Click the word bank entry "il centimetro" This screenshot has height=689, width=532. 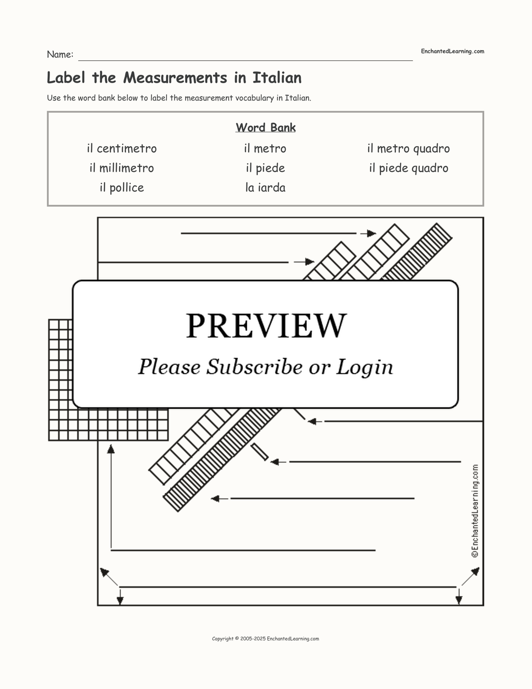(122, 148)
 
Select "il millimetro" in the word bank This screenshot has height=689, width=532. (122, 168)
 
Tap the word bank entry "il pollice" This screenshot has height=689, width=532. (122, 187)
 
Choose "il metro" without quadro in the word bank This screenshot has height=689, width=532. (265, 148)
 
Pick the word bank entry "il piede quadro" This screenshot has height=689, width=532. (409, 168)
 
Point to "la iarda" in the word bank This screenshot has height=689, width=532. (265, 187)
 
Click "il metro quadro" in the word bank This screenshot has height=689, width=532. (409, 148)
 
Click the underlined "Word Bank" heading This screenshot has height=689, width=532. (266, 127)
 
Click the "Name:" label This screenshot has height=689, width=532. (60, 54)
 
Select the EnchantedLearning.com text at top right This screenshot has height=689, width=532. (452, 51)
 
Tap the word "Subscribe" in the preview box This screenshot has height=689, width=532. (254, 367)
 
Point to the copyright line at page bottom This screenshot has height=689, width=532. (266, 639)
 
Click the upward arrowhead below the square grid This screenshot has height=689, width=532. (111, 449)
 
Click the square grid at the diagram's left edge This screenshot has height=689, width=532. (108, 380)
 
